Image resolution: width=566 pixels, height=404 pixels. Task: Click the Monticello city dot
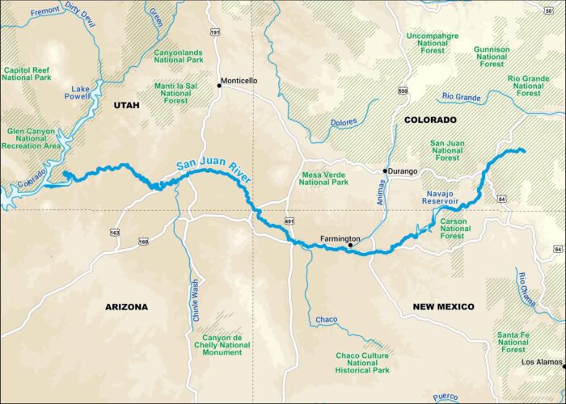pos(218,86)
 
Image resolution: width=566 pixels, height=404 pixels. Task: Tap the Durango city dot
pos(386,170)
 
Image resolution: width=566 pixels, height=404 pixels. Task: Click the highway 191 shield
pos(215,32)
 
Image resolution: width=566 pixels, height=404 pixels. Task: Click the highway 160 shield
pos(143,242)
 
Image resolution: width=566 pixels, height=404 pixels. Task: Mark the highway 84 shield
pos(502,198)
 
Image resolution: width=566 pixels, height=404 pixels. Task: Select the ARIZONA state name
pos(127,307)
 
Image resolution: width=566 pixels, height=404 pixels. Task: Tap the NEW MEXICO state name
pos(443,307)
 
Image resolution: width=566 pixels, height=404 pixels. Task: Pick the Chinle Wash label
pos(195,301)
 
